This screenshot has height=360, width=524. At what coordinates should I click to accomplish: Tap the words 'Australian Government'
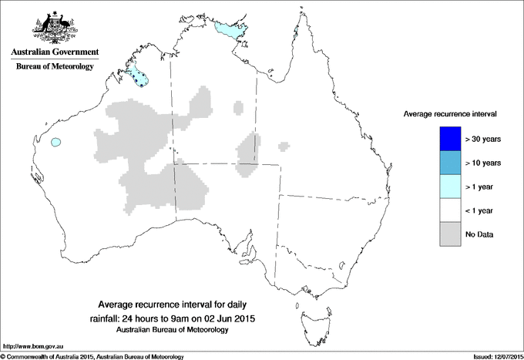tap(54, 52)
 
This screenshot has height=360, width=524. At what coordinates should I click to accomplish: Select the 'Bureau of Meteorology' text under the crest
tap(54, 67)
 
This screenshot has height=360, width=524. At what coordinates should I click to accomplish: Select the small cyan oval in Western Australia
tap(55, 143)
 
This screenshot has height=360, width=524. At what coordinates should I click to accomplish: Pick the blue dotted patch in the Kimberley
tap(139, 76)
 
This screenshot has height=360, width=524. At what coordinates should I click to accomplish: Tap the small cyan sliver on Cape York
tap(296, 32)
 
